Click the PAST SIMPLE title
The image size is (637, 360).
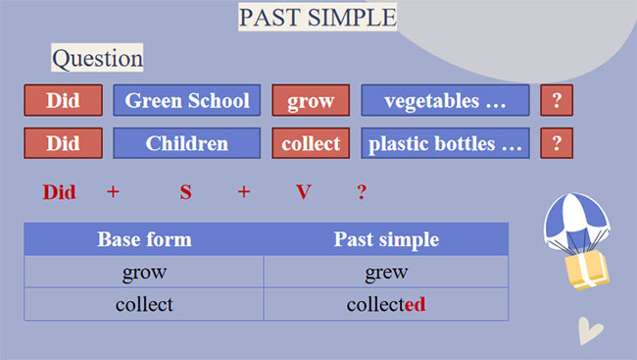[x=318, y=18]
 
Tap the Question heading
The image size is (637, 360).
[x=97, y=59]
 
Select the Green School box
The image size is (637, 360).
[x=187, y=101]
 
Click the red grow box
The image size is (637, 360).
[x=311, y=101]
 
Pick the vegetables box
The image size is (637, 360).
[x=445, y=101]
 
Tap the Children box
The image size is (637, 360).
[x=187, y=143]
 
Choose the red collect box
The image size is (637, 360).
[x=311, y=143]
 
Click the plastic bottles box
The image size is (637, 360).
[x=445, y=143]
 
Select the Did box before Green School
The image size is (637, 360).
[x=63, y=101]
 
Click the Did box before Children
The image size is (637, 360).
[x=63, y=143]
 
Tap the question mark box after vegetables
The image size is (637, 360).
[x=557, y=101]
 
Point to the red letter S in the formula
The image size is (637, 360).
[x=185, y=192]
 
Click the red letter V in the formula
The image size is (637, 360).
[x=304, y=192]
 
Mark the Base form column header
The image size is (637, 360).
[x=144, y=239]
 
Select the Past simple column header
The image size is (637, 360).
[x=386, y=239]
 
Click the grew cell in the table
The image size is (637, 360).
[x=386, y=272]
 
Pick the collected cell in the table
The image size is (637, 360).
[x=386, y=304]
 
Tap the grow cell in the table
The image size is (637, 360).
[x=144, y=272]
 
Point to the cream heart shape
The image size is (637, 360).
[x=590, y=331]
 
